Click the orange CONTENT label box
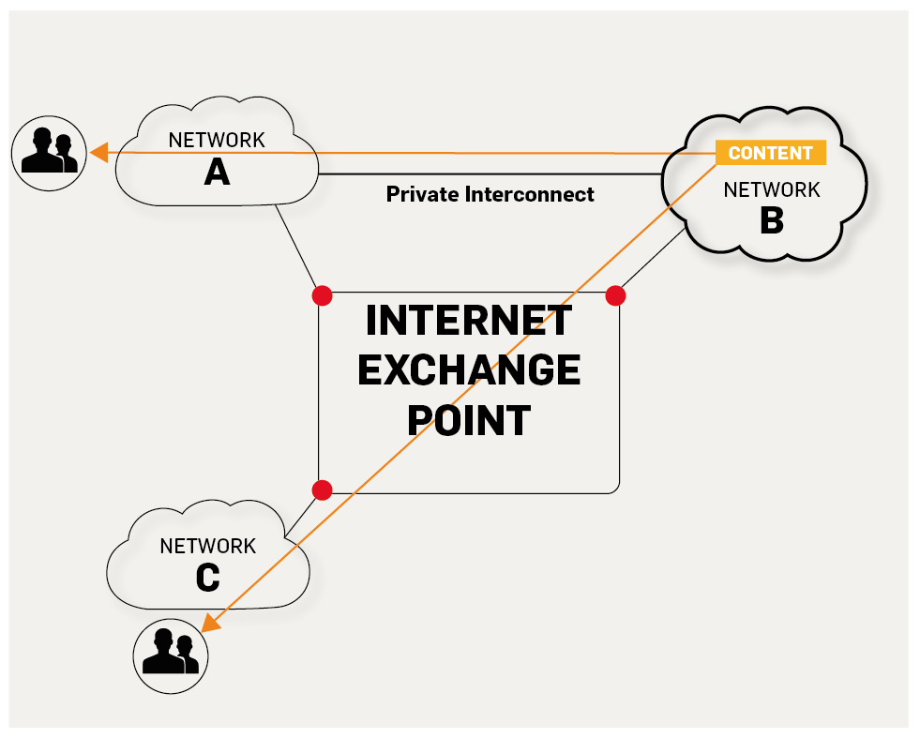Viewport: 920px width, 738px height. tap(770, 153)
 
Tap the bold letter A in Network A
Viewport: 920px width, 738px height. tap(217, 172)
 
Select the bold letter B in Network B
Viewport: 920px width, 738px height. tap(771, 221)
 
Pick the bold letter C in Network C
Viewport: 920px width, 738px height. tap(207, 578)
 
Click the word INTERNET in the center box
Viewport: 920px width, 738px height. tap(468, 321)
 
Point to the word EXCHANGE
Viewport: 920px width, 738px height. tap(469, 370)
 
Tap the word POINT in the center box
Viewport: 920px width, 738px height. tap(469, 420)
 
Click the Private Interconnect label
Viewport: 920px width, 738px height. tap(490, 194)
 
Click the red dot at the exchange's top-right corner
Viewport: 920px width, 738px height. tap(615, 296)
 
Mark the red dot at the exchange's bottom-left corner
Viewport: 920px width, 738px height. tap(322, 489)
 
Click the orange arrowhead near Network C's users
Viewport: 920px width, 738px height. tap(213, 624)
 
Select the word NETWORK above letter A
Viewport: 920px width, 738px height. tap(217, 141)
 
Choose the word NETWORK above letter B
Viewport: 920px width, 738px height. tap(771, 190)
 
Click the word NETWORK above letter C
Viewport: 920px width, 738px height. tap(207, 546)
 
